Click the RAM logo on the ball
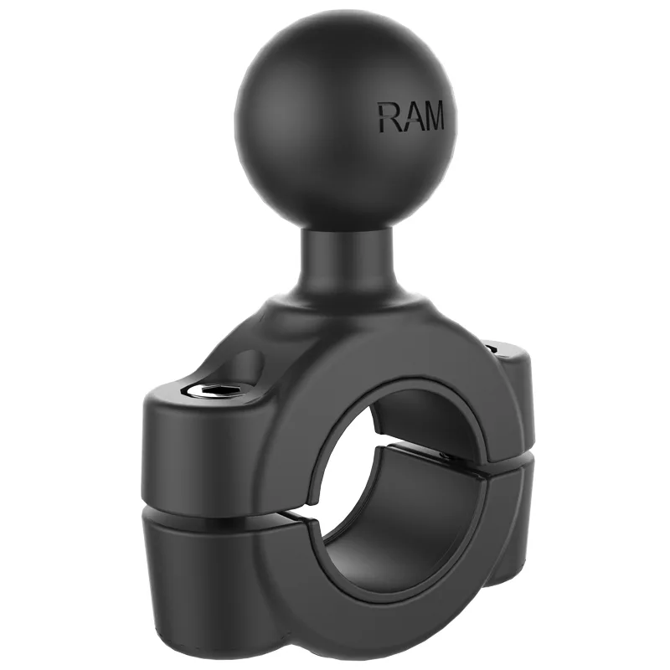tap(411, 117)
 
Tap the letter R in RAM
tap(389, 117)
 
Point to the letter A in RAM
tap(409, 117)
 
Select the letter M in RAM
tap(433, 117)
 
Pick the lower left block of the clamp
tap(201, 569)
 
